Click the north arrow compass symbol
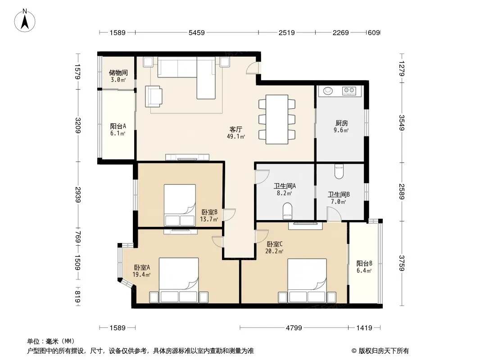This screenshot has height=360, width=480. pos(24,21)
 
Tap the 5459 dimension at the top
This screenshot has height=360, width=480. pos(196,32)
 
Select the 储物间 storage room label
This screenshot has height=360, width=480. pos(118,73)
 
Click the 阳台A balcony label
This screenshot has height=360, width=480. pos(118,126)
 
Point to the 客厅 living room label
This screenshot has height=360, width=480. pos(235,130)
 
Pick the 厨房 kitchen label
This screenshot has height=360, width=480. pos(342,123)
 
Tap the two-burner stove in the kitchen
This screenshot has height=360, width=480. pos(349,90)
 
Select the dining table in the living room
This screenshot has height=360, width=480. pos(277,119)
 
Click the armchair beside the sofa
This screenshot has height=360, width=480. pos(154,96)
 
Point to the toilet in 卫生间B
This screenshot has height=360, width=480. pos(339,171)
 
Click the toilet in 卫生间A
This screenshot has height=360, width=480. pos(287,211)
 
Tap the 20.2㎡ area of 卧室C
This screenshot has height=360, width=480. pos(274,251)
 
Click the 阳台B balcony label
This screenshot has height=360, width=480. pos(364,263)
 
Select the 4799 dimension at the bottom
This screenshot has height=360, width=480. pos(294,328)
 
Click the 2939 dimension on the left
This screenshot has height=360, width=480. pos(78,194)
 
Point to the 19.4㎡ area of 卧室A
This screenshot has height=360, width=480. pos(141,274)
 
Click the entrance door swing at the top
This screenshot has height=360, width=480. pos(252,68)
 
